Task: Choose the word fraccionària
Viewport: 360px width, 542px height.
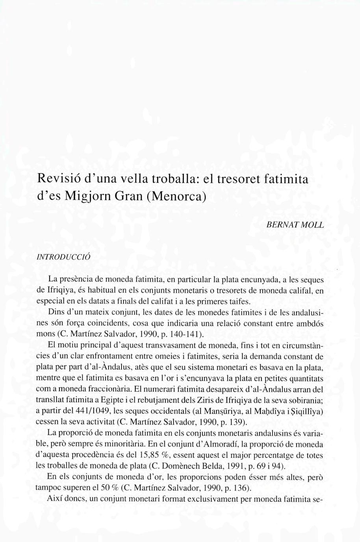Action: tap(103, 389)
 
